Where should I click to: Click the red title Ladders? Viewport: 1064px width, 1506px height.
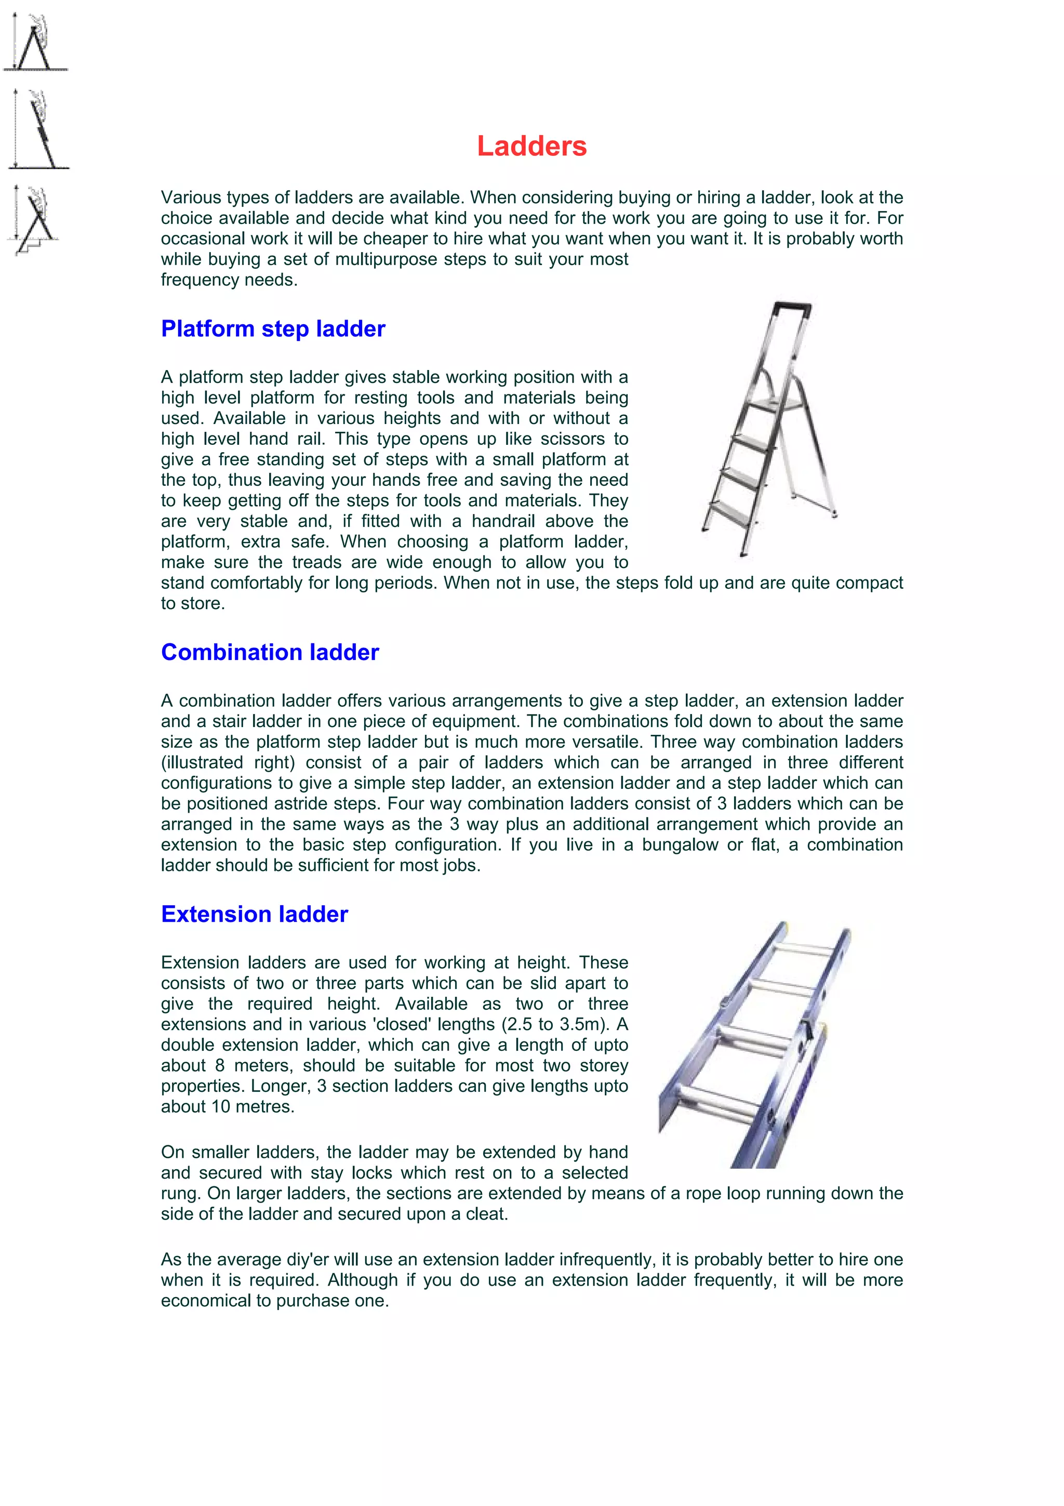pyautogui.click(x=531, y=146)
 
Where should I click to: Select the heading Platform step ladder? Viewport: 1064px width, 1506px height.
pyautogui.click(x=273, y=328)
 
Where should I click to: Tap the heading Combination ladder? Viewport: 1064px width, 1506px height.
pyautogui.click(x=270, y=652)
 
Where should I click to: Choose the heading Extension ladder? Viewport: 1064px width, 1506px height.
pyautogui.click(x=255, y=914)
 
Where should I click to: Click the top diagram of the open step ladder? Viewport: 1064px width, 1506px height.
pyautogui.click(x=34, y=43)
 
